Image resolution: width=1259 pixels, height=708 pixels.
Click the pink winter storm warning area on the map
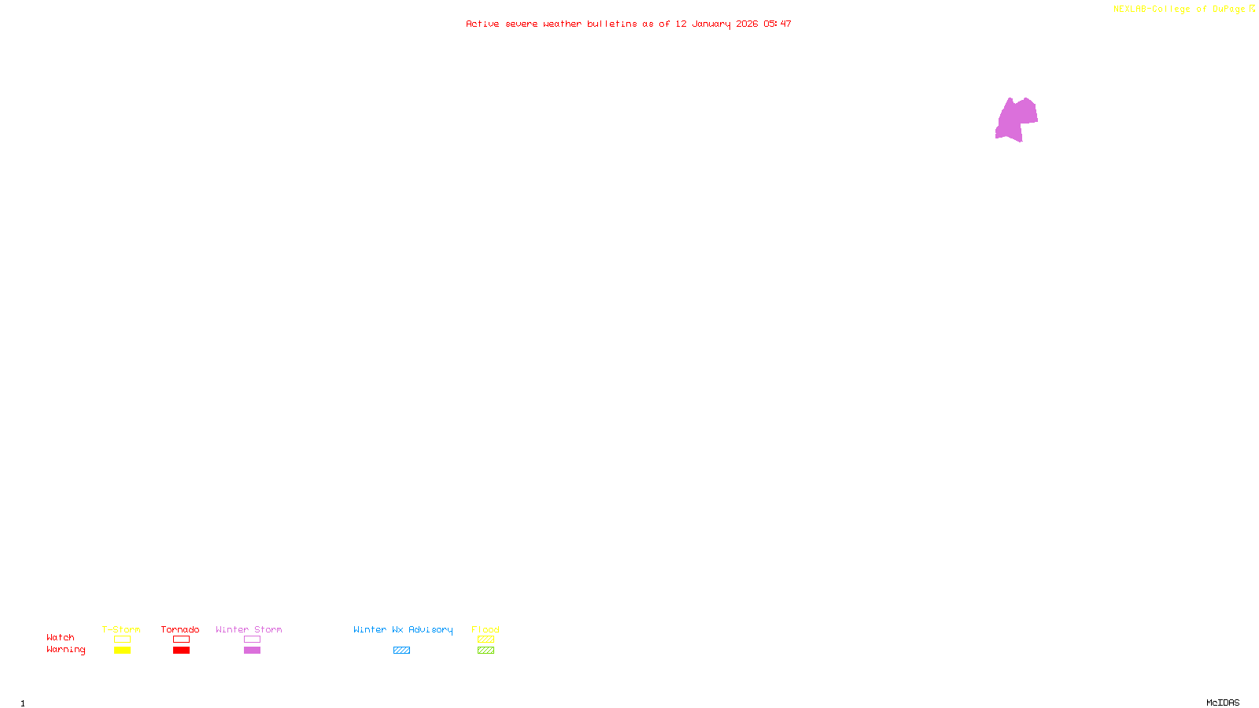click(1016, 120)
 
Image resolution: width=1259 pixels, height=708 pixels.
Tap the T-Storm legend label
click(121, 629)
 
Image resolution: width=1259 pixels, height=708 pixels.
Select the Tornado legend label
click(180, 629)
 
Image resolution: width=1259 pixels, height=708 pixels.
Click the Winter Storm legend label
click(249, 629)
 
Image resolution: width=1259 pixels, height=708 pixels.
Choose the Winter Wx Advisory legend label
click(403, 629)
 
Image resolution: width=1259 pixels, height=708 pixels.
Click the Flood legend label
click(486, 629)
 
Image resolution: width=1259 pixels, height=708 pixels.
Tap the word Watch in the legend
click(61, 637)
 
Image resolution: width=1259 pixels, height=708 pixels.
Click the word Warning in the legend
click(66, 650)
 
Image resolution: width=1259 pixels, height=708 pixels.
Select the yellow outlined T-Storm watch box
click(122, 640)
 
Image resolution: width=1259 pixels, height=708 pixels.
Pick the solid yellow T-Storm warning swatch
click(122, 651)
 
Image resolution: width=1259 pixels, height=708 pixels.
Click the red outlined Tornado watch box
click(181, 640)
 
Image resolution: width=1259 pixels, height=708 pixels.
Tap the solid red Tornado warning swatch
click(181, 651)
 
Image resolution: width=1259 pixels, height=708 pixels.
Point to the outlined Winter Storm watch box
click(252, 640)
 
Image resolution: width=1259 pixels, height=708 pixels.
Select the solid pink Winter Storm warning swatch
click(252, 651)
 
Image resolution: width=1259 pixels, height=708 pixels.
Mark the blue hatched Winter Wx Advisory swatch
click(401, 651)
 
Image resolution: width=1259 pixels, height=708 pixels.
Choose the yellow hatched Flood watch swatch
click(486, 640)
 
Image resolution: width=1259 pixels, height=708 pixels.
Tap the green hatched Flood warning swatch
click(486, 651)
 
